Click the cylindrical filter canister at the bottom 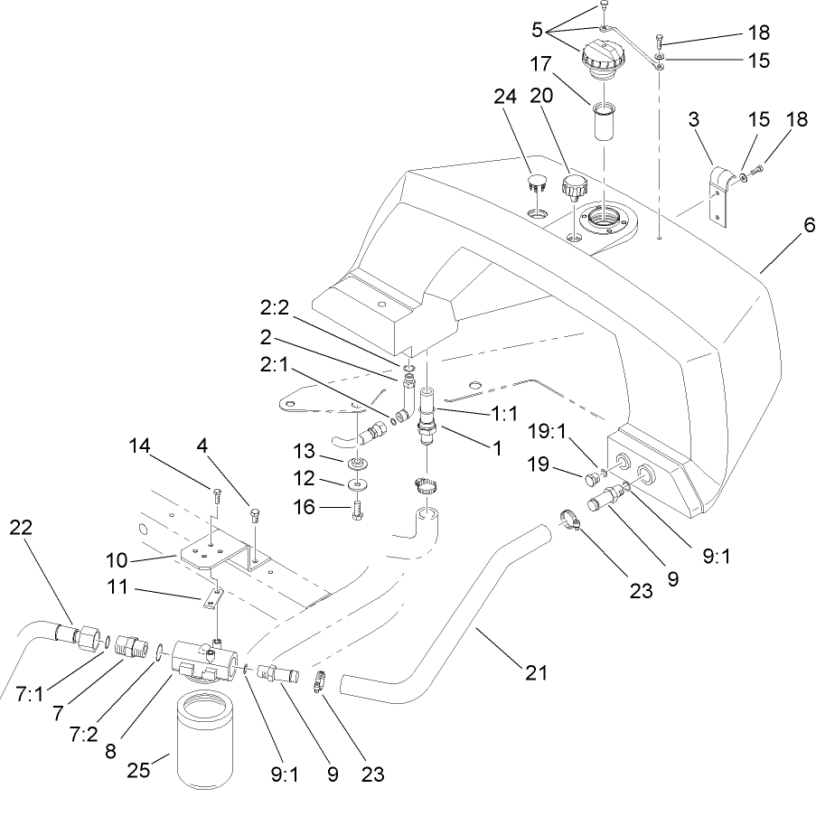point(207,739)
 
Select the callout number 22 point(20,530)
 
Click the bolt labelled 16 point(359,508)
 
